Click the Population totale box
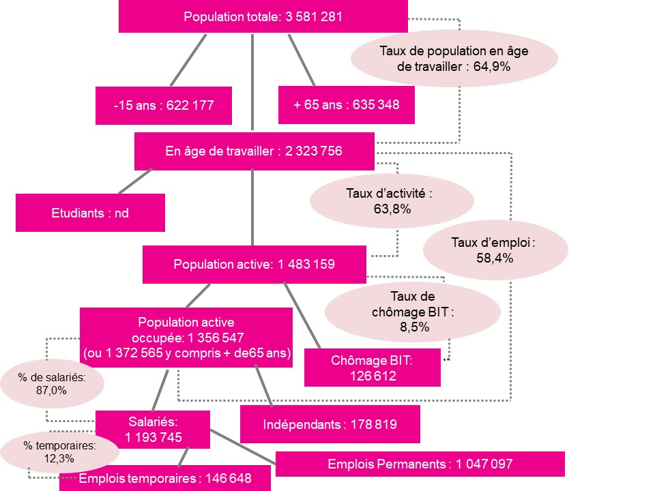tap(263, 16)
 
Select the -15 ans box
tap(163, 105)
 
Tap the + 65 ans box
tap(347, 105)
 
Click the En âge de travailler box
tap(254, 151)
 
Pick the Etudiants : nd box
tap(90, 213)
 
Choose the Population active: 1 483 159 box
tap(254, 265)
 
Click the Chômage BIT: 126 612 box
tap(373, 368)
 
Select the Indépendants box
tap(330, 424)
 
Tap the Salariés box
tap(153, 429)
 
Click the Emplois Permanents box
tap(420, 464)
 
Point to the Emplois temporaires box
tap(165, 478)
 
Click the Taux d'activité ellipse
tap(392, 200)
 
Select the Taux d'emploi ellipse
tap(495, 250)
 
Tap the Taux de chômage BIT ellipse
tap(413, 312)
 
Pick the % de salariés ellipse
tap(52, 383)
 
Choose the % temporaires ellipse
tap(59, 451)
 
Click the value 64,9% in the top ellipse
tap(492, 67)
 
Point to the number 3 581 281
tap(314, 16)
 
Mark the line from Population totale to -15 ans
tap(188, 60)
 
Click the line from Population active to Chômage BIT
tap(302, 315)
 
